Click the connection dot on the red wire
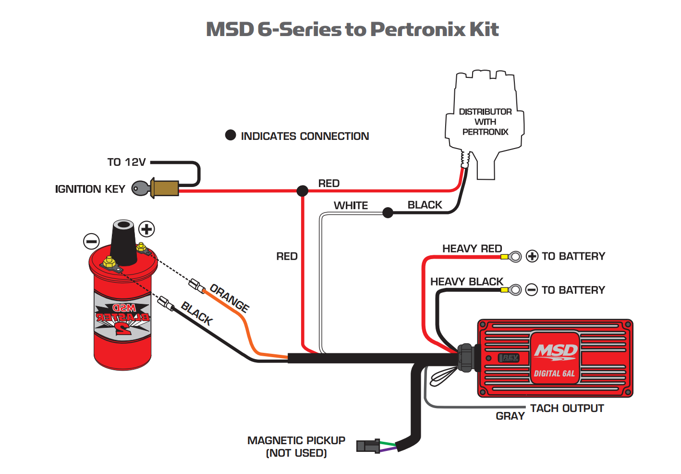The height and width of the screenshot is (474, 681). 302,191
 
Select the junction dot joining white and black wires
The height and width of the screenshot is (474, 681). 388,212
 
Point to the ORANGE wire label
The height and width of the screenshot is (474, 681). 230,298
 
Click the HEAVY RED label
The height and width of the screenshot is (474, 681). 472,249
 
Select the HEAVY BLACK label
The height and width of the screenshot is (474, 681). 466,282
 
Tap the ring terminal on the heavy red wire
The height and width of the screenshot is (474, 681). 514,257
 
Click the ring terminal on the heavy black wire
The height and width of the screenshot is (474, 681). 514,290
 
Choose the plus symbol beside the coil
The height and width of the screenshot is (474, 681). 146,229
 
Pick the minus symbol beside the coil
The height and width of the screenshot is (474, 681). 91,241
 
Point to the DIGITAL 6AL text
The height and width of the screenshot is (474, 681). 554,374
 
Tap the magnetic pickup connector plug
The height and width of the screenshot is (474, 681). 368,446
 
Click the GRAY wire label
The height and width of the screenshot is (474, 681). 510,416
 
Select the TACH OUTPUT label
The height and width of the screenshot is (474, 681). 567,408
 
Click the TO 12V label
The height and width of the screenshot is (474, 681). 126,162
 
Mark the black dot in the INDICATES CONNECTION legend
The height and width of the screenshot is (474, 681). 231,135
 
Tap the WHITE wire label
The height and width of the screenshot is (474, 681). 351,205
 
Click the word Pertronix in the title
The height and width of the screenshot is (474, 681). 417,29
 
